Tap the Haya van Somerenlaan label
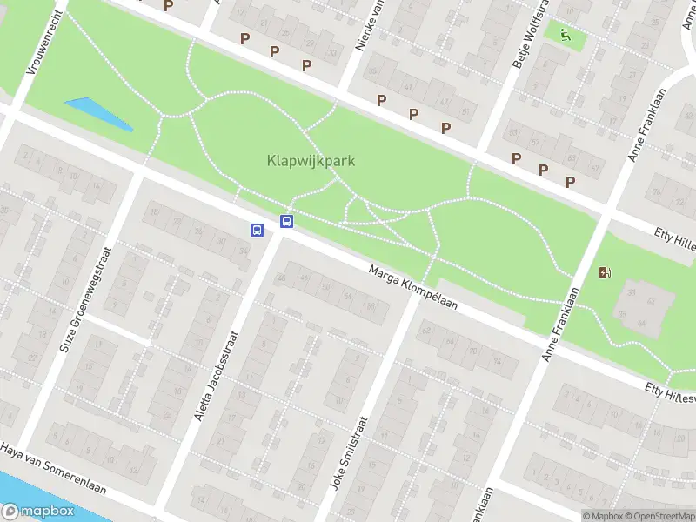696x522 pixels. click(52, 470)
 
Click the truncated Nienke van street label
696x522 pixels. click(371, 24)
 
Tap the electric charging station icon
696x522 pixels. click(605, 272)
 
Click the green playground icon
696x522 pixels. click(565, 36)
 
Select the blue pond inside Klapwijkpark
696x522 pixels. click(98, 114)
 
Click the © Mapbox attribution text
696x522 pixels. click(603, 516)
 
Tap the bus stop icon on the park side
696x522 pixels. click(286, 221)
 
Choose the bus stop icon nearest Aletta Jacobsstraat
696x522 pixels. click(257, 230)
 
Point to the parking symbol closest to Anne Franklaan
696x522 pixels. click(571, 182)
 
